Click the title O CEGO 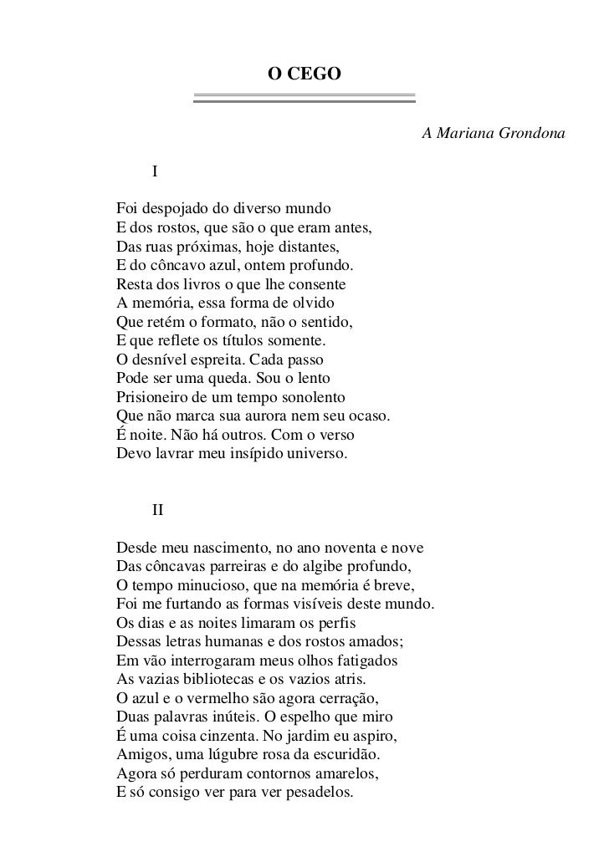tap(304, 74)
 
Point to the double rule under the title tap(304, 98)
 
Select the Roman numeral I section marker tap(155, 173)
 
